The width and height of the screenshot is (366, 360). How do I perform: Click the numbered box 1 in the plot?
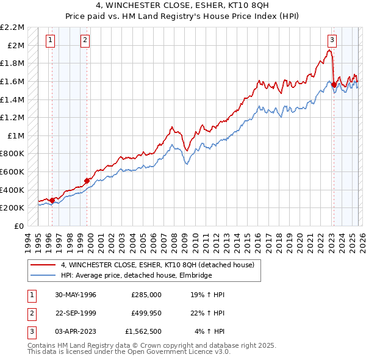(49, 41)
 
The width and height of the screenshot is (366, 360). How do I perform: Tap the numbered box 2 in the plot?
(85, 41)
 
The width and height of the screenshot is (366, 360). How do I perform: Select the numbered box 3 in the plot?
(332, 41)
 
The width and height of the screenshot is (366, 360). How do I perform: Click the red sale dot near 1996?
(52, 200)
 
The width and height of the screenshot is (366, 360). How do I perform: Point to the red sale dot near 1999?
(87, 181)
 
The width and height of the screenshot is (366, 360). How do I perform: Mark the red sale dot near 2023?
(334, 85)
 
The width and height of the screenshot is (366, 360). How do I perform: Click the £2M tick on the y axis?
(16, 46)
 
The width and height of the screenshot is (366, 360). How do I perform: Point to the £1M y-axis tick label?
(16, 135)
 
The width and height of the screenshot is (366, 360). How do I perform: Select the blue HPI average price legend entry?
(136, 276)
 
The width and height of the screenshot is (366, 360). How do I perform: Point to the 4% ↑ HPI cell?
(209, 332)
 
